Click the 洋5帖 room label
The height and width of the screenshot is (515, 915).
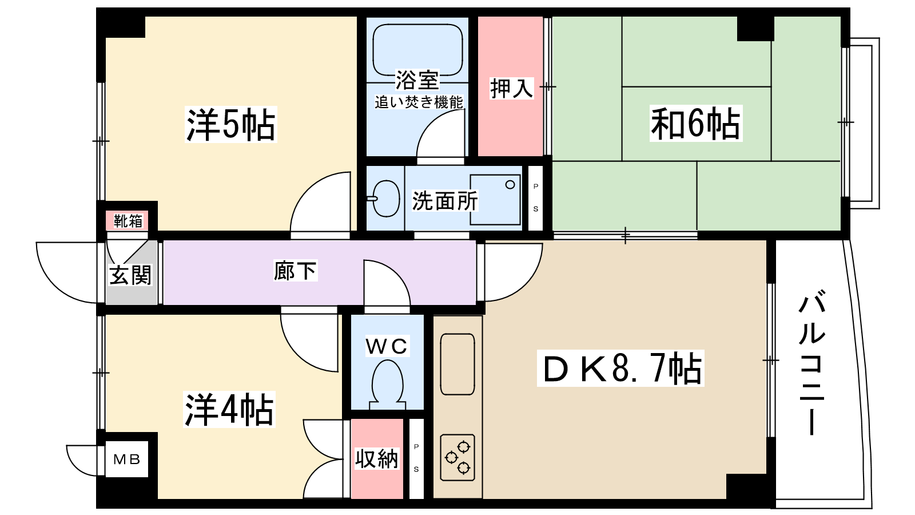(230, 125)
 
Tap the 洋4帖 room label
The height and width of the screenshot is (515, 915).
(229, 409)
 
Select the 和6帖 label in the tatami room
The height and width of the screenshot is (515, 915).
(695, 124)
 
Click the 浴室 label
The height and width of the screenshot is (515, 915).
(417, 80)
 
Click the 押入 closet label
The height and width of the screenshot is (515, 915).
(511, 89)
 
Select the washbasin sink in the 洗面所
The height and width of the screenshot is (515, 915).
(386, 199)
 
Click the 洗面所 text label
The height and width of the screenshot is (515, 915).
(444, 201)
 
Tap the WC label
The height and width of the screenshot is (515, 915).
(387, 346)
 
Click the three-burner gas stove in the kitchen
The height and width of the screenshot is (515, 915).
(457, 457)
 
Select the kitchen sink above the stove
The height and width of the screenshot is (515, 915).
(457, 364)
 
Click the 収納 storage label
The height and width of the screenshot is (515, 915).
(376, 459)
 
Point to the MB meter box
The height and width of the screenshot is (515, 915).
(126, 459)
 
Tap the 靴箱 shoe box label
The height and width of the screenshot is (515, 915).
(128, 221)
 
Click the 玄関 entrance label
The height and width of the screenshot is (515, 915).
(130, 275)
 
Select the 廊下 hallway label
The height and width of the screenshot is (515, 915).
(295, 271)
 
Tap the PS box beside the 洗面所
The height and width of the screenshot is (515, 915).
(535, 197)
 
